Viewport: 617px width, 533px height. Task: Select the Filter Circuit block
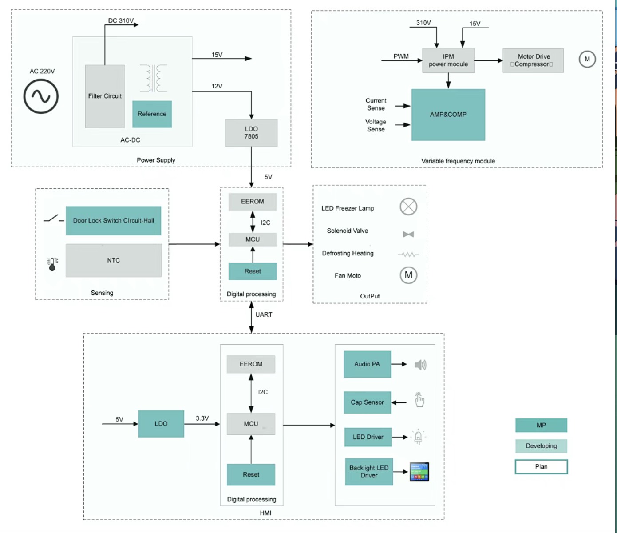(105, 96)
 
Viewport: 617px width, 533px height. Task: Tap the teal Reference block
(152, 114)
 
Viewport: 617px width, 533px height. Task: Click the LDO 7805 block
(251, 133)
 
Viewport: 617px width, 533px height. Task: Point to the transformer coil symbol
(154, 78)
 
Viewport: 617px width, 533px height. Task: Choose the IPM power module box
(448, 60)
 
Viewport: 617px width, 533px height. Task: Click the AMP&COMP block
(448, 115)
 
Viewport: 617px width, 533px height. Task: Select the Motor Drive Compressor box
(533, 60)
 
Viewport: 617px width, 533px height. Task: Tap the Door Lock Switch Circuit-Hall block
(114, 220)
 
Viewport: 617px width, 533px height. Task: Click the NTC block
(114, 260)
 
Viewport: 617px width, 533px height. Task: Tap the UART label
(264, 314)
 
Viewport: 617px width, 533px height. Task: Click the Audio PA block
(367, 364)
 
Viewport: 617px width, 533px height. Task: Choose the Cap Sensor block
(367, 402)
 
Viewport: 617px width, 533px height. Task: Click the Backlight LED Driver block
(369, 471)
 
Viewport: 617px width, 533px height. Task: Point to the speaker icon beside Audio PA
(421, 365)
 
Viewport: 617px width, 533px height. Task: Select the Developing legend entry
(541, 446)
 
